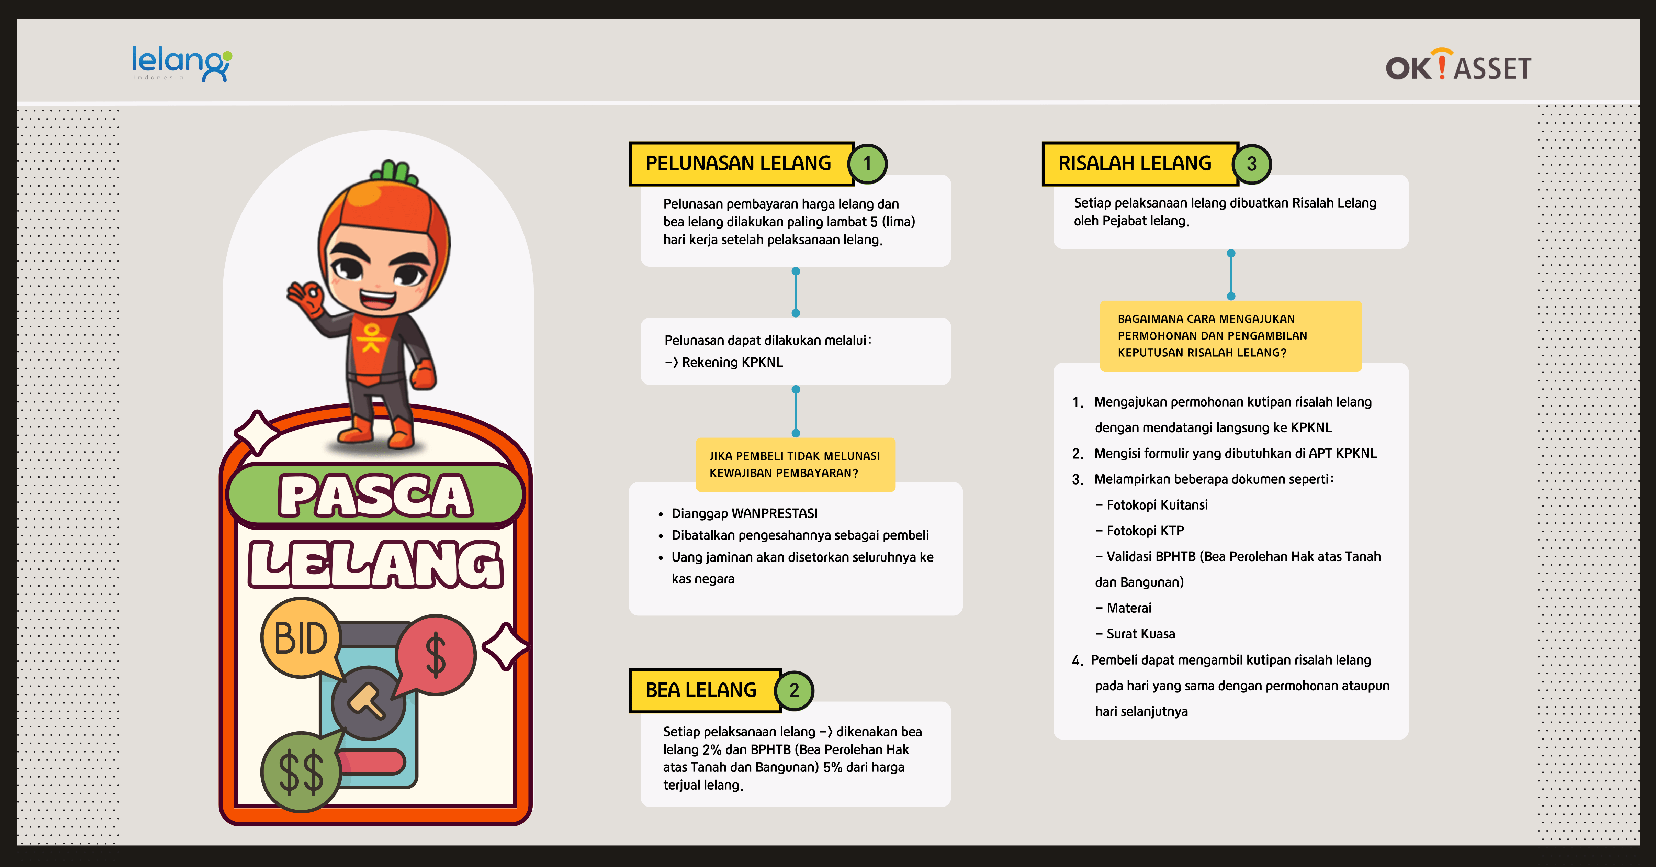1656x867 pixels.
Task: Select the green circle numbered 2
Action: click(x=795, y=690)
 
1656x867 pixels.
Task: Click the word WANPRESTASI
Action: click(x=775, y=513)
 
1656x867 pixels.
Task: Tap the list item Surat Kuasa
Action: click(x=1135, y=634)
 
